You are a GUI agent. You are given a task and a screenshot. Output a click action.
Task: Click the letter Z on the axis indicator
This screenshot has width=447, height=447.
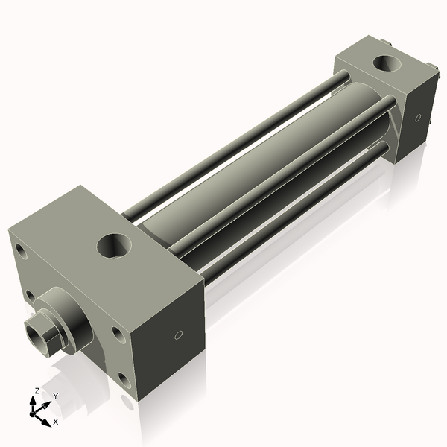pos(37,390)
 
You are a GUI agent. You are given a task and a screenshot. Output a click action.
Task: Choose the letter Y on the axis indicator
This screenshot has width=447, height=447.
pos(55,396)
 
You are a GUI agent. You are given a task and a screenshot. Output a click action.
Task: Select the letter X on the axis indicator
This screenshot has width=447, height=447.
pos(55,422)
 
